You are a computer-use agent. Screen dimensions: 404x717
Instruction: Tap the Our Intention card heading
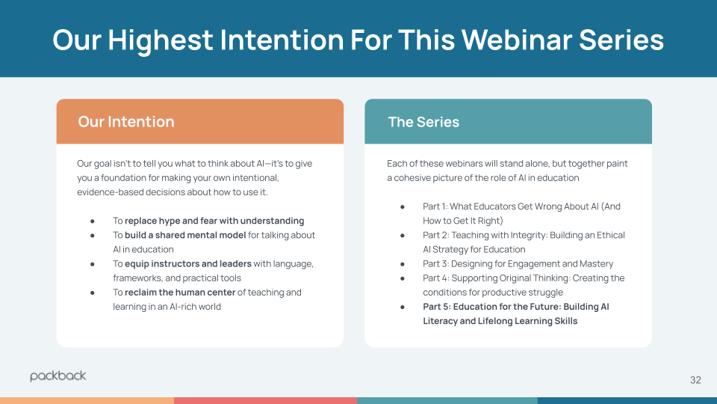(x=125, y=122)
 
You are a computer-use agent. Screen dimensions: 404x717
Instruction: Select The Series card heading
(x=423, y=122)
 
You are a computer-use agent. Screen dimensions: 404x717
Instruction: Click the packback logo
(x=58, y=376)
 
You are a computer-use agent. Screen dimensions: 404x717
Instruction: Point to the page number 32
(x=695, y=380)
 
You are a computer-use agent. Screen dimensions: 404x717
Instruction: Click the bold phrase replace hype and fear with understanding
(x=214, y=221)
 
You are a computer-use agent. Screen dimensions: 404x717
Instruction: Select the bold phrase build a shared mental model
(x=185, y=235)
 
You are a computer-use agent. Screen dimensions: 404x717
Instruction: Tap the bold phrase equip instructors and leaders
(x=188, y=263)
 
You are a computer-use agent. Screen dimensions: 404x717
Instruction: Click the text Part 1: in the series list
(x=435, y=206)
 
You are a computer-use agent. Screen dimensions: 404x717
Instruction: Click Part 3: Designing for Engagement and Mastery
(x=518, y=263)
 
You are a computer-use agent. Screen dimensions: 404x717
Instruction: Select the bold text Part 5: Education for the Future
(x=492, y=307)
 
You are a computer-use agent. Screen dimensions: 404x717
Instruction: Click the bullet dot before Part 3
(x=403, y=264)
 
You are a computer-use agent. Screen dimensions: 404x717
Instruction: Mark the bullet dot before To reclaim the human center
(x=93, y=293)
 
